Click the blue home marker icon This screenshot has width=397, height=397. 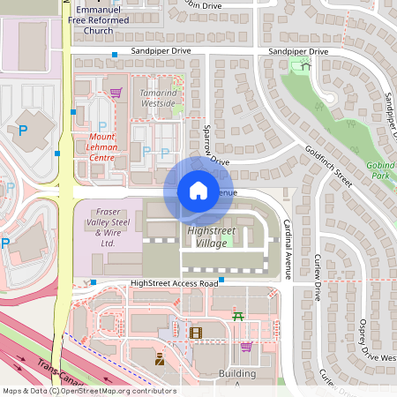click(198, 191)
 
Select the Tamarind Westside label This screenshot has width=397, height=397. click(158, 98)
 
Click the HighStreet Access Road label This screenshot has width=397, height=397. click(173, 283)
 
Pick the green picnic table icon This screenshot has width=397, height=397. click(238, 315)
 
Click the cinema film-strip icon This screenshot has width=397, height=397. click(195, 333)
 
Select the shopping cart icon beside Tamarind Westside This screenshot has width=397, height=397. click(116, 91)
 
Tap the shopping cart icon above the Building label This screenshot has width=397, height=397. click(246, 347)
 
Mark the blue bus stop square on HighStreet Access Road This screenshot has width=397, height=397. click(221, 280)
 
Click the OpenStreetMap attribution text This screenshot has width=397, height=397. click(88, 391)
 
